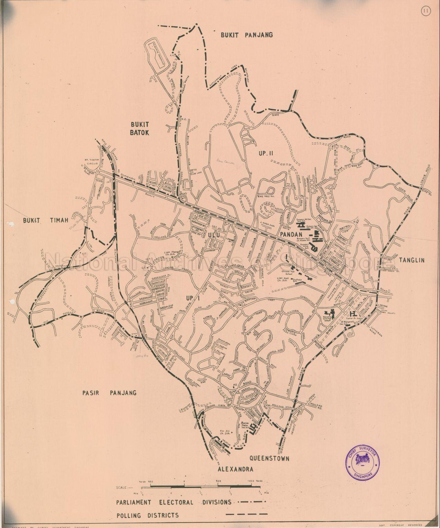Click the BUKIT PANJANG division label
[247, 35]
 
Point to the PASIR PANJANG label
[110, 393]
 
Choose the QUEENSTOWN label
[269, 458]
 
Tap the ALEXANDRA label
[235, 469]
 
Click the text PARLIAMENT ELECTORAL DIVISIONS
[174, 502]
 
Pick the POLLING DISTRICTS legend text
[147, 515]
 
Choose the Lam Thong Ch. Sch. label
[172, 253]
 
